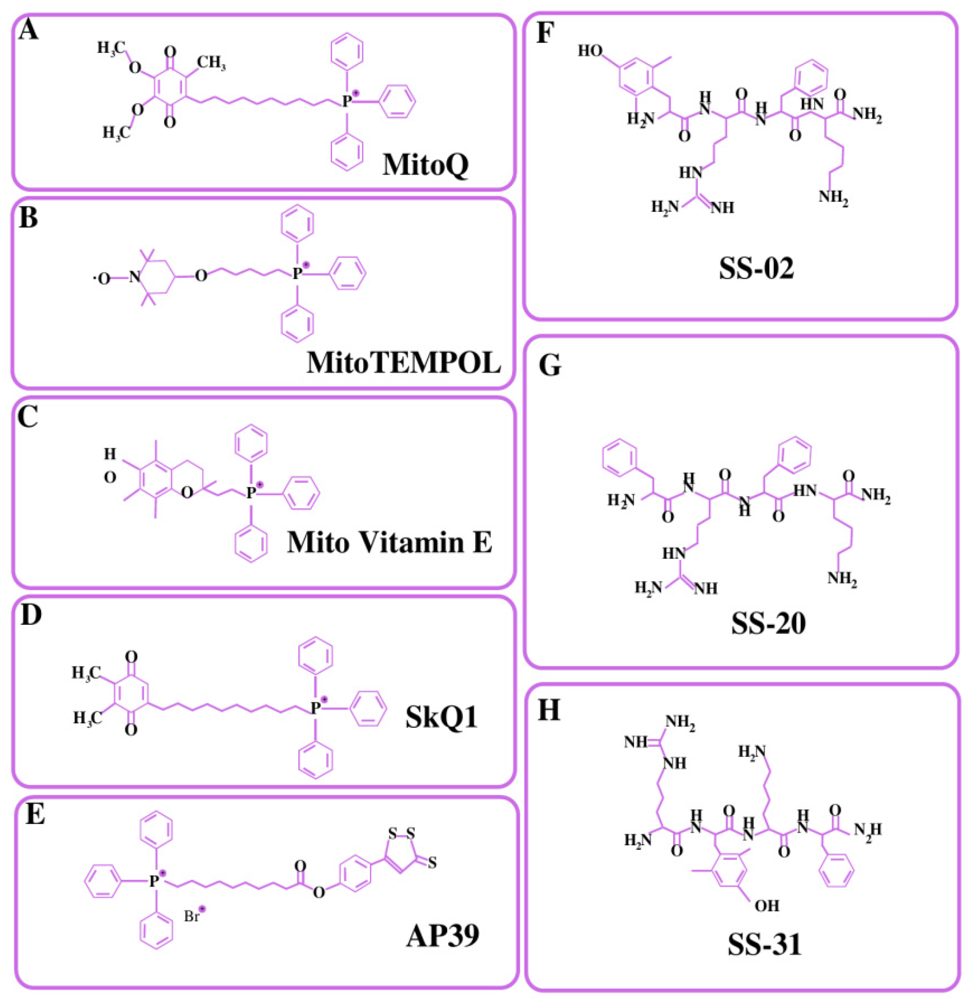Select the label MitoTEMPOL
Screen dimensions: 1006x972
click(x=404, y=362)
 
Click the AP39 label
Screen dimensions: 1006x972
click(x=443, y=936)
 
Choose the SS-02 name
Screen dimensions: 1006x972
click(x=756, y=268)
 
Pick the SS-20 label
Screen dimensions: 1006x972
click(x=769, y=623)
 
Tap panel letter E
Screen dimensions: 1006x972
click(x=35, y=813)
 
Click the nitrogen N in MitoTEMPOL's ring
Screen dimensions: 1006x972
click(x=134, y=278)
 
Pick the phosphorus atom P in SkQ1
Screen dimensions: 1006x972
click(x=315, y=708)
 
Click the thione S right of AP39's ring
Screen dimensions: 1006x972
click(x=432, y=863)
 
